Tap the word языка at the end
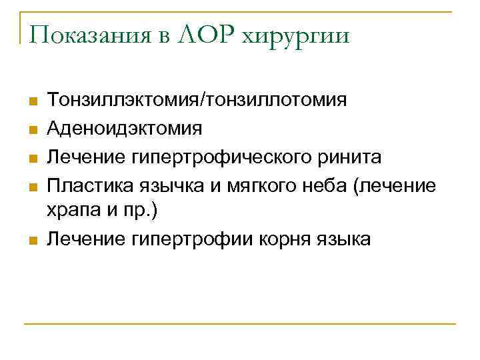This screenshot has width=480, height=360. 339,239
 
